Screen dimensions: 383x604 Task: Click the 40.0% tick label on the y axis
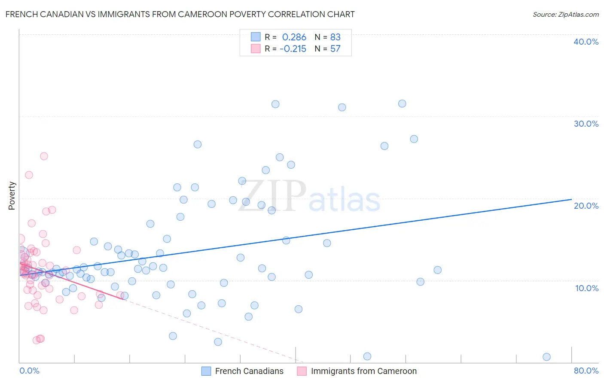click(586, 42)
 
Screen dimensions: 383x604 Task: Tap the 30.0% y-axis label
click(586, 124)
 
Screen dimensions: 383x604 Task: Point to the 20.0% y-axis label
click(586, 206)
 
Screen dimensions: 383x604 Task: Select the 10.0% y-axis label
click(586, 288)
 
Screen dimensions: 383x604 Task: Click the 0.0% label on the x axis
click(29, 371)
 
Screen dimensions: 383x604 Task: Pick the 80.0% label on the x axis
click(586, 371)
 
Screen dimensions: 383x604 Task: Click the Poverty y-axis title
click(12, 196)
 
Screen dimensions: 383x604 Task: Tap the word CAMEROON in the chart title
click(229, 14)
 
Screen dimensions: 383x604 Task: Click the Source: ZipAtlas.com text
click(565, 14)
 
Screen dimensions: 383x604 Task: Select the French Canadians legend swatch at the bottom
click(206, 371)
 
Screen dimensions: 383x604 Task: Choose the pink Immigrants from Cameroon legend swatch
click(302, 371)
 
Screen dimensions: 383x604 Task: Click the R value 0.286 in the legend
click(294, 37)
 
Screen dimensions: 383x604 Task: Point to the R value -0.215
click(293, 49)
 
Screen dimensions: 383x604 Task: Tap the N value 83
click(335, 37)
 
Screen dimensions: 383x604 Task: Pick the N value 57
click(335, 49)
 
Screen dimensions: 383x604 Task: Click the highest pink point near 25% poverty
click(44, 156)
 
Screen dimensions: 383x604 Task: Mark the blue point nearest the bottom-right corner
click(546, 357)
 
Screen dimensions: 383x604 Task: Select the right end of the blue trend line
click(571, 199)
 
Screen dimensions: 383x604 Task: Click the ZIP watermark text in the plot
click(272, 197)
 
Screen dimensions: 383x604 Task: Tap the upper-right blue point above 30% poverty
click(402, 103)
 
